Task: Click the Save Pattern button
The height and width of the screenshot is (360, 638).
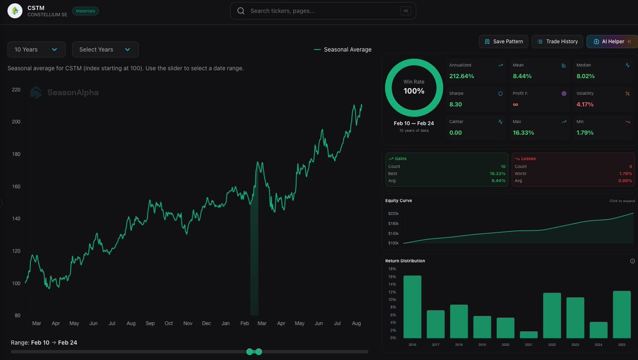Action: point(503,41)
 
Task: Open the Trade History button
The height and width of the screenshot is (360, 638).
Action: point(557,41)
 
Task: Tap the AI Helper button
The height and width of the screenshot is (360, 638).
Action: point(611,41)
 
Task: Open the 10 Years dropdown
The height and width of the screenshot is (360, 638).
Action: point(36,49)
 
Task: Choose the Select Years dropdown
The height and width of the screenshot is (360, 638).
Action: point(105,49)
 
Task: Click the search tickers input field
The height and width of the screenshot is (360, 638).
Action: point(323,11)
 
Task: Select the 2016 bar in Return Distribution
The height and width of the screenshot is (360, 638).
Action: point(413,307)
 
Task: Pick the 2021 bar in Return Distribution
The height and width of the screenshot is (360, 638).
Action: point(529,334)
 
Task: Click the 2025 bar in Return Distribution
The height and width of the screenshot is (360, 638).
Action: point(622,314)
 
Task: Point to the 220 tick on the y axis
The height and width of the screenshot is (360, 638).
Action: point(16,90)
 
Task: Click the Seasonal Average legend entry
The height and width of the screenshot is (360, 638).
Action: point(343,49)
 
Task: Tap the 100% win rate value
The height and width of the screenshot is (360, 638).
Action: point(414,91)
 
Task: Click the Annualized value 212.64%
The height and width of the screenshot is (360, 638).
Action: point(461,76)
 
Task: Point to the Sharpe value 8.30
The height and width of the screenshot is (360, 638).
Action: point(455,104)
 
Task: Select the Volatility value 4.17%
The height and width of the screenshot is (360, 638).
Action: point(585,104)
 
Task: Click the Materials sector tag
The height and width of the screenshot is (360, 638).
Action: point(85,11)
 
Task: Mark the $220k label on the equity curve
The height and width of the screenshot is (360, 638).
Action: point(393,213)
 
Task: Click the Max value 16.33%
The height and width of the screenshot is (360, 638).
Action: point(524,132)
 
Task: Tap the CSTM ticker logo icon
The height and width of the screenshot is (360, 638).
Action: point(15,11)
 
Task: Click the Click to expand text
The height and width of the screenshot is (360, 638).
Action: point(622,201)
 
